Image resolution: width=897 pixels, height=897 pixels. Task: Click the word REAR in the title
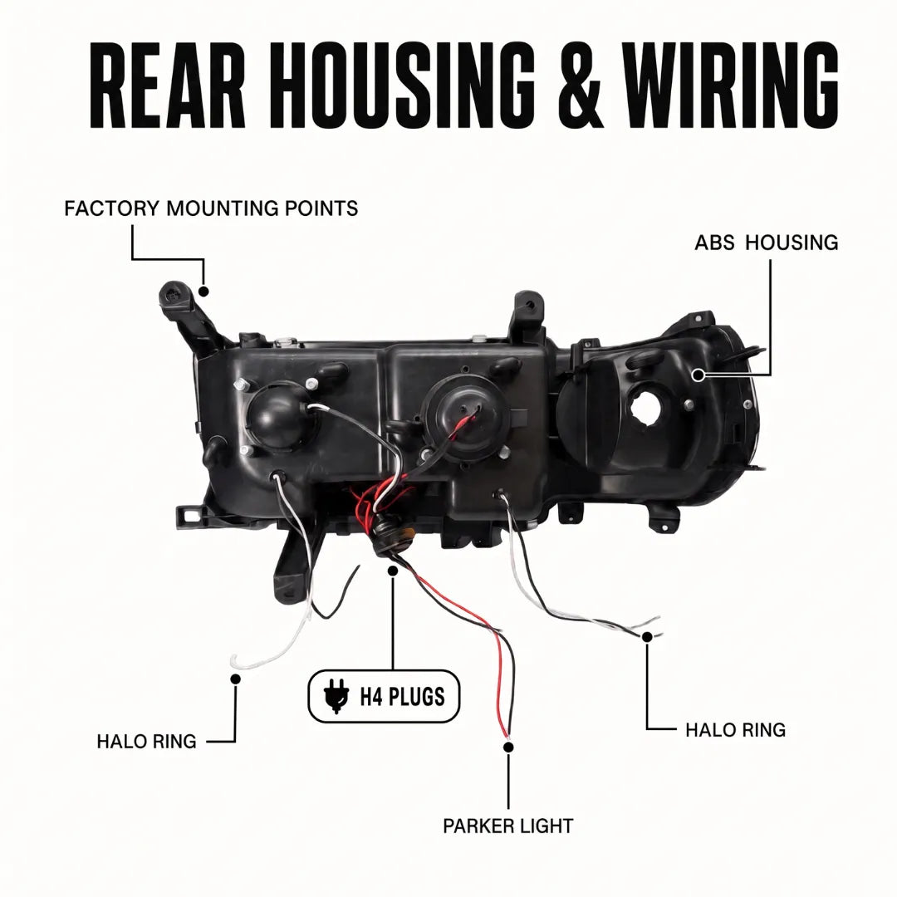click(168, 85)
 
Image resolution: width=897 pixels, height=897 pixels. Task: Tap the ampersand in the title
click(581, 85)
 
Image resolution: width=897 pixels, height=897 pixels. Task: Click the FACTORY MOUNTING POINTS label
click(211, 208)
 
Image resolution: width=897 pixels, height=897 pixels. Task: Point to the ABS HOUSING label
click(767, 243)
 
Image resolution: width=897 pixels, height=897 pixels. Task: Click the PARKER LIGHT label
click(508, 826)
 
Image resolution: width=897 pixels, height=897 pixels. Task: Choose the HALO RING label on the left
click(146, 742)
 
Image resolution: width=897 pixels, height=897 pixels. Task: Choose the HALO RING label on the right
click(736, 730)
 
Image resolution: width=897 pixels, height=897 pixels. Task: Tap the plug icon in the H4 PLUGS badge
click(336, 697)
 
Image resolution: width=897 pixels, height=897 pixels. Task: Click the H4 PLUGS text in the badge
click(402, 697)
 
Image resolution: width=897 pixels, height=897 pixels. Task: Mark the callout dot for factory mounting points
click(203, 292)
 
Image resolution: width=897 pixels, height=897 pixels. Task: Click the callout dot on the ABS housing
click(698, 375)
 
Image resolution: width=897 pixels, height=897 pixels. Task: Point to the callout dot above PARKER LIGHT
click(508, 747)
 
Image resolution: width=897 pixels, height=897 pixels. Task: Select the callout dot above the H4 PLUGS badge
click(392, 571)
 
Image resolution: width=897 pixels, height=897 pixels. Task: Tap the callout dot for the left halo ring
click(235, 679)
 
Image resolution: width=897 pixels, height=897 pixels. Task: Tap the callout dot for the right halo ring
click(647, 637)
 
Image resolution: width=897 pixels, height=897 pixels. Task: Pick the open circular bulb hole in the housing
click(647, 407)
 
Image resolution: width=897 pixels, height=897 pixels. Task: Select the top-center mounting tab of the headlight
click(525, 315)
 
